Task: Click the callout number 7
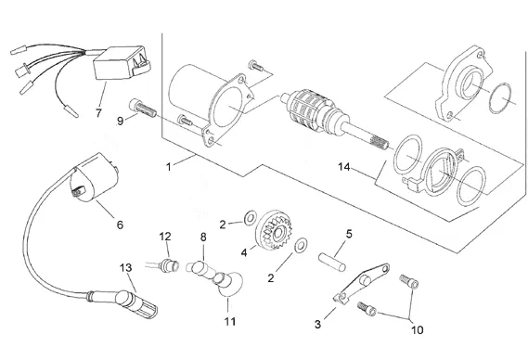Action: (98, 113)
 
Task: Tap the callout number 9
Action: (121, 121)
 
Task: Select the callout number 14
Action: (344, 166)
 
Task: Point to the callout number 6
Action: (120, 225)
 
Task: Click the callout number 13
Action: (125, 268)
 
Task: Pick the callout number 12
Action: (165, 237)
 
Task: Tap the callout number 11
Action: (230, 321)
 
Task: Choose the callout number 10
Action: (418, 329)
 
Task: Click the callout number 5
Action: (349, 234)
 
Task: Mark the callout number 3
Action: (317, 324)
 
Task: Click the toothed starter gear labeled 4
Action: (274, 230)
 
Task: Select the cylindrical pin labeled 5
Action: (332, 263)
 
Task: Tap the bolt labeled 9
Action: (142, 108)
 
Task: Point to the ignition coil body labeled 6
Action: (94, 177)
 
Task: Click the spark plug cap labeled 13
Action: (135, 304)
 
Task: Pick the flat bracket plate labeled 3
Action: (361, 284)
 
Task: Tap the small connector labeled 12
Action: (170, 264)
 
